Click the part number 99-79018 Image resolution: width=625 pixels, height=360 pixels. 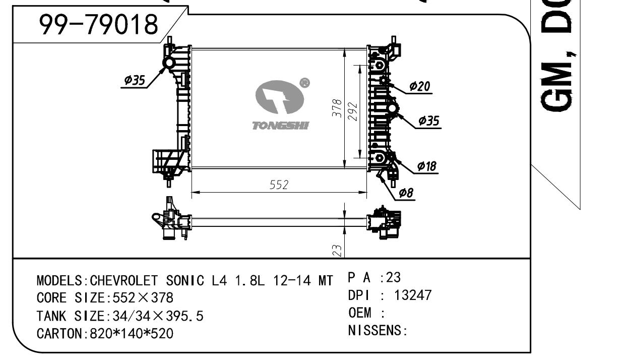click(99, 25)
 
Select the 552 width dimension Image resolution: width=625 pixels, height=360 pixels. click(279, 185)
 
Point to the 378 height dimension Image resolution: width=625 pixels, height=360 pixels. click(337, 108)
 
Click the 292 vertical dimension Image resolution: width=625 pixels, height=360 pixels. click(352, 112)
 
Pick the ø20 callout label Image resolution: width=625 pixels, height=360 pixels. click(419, 87)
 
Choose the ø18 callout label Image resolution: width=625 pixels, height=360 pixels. click(427, 166)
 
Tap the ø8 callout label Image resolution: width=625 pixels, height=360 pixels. click(406, 193)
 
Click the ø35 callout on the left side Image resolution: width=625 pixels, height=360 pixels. click(135, 80)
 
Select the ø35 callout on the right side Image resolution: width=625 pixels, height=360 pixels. click(429, 121)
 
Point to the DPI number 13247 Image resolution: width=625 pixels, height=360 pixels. click(413, 295)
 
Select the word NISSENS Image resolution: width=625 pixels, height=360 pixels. click(376, 331)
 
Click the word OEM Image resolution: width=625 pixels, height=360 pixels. click(359, 313)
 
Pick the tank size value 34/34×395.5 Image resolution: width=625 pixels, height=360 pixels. click(155, 316)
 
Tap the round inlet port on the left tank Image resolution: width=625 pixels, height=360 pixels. click(168, 63)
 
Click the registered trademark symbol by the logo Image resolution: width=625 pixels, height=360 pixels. click(304, 83)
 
